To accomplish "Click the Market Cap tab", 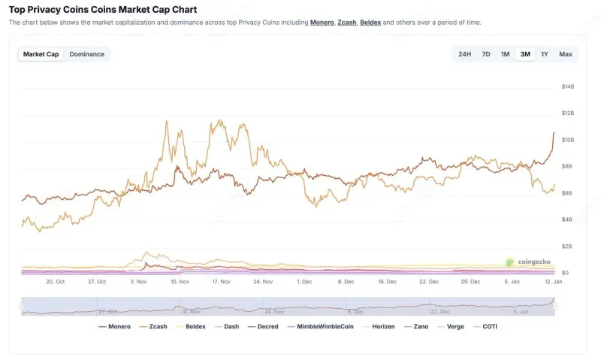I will (41, 54).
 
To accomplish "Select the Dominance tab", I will (86, 54).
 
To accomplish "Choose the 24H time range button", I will (464, 54).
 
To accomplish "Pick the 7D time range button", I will (485, 54).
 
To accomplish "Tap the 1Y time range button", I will (545, 54).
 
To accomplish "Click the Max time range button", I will (565, 54).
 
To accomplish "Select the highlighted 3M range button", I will (525, 54).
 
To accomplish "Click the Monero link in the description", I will (322, 23).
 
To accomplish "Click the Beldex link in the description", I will (370, 23).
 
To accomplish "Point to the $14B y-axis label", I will (568, 86).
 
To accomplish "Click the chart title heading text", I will (103, 10).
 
